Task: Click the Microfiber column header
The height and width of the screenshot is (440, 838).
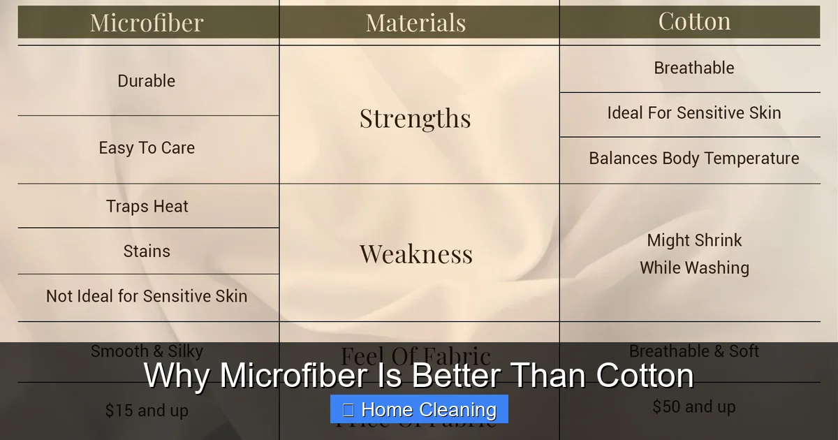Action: pyautogui.click(x=147, y=22)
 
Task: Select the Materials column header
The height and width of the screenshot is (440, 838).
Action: pyautogui.click(x=416, y=22)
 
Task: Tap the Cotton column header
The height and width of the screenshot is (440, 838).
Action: pyautogui.click(x=694, y=21)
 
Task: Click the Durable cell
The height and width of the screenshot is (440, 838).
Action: pyautogui.click(x=147, y=81)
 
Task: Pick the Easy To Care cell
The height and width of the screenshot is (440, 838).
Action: pyautogui.click(x=147, y=148)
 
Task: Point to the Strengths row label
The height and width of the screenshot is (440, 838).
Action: pyautogui.click(x=416, y=118)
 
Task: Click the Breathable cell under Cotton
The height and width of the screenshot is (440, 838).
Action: pyautogui.click(x=694, y=68)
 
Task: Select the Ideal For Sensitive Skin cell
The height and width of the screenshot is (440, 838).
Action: pyautogui.click(x=694, y=113)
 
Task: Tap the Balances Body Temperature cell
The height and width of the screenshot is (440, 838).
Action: pyautogui.click(x=694, y=159)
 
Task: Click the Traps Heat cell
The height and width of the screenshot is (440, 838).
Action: pyautogui.click(x=147, y=207)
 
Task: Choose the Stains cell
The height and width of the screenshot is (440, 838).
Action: pyautogui.click(x=147, y=251)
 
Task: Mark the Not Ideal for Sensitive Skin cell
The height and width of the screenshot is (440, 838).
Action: pyautogui.click(x=147, y=296)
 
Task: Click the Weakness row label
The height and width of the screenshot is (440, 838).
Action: pyautogui.click(x=416, y=254)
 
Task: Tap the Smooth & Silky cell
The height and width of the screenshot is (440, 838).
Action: pyautogui.click(x=147, y=351)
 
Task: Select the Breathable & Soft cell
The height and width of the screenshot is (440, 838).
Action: pyautogui.click(x=694, y=351)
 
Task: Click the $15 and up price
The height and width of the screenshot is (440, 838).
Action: pyautogui.click(x=147, y=411)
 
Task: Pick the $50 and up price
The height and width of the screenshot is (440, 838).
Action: pyautogui.click(x=694, y=406)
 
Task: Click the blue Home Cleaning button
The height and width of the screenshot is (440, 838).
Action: pyautogui.click(x=419, y=409)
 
